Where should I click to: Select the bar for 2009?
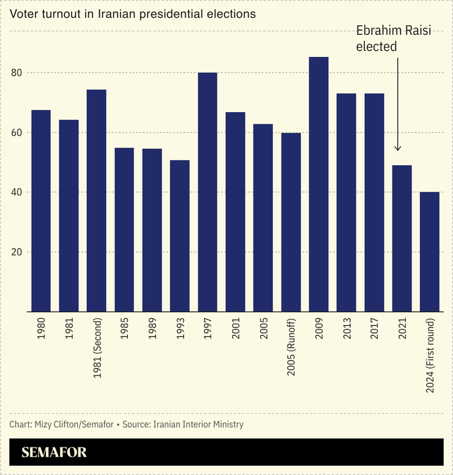(318, 184)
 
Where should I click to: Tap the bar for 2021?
(402, 238)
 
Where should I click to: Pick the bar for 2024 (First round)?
(429, 252)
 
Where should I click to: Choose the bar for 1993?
(180, 236)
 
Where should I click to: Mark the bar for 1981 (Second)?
(97, 200)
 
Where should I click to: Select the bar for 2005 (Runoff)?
(291, 222)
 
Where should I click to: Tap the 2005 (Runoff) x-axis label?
(291, 347)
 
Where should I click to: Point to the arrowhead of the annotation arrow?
(398, 148)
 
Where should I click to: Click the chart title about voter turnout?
(132, 14)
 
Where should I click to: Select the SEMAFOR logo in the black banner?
(54, 452)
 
